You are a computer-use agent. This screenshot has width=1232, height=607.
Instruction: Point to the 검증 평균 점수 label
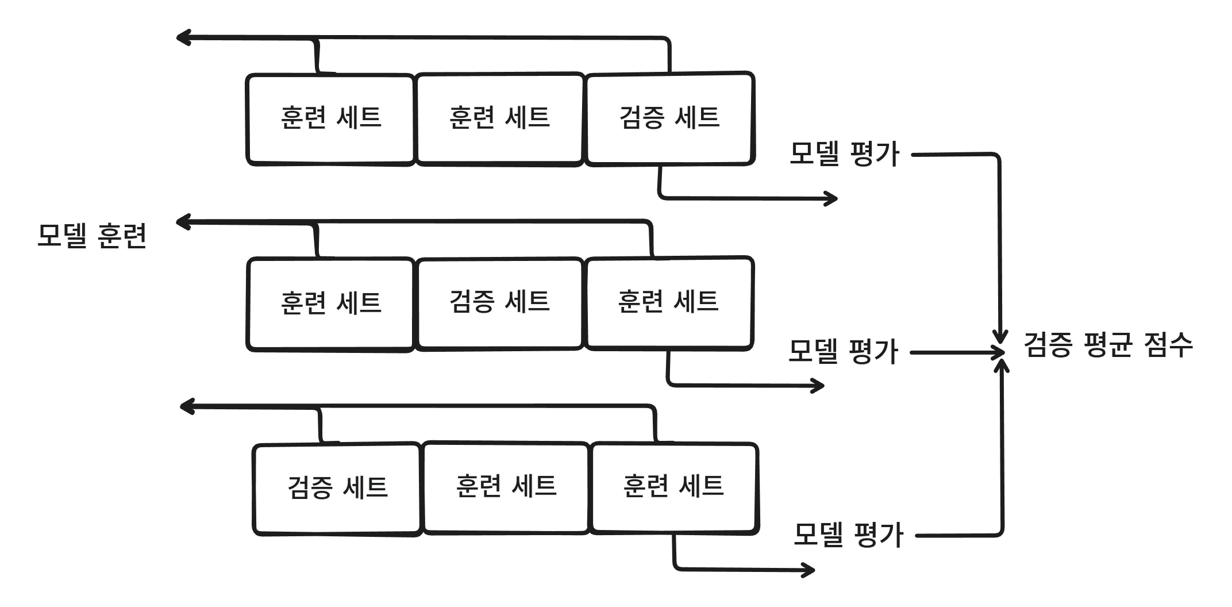(1108, 346)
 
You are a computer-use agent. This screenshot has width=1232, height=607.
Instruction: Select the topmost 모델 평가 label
(844, 155)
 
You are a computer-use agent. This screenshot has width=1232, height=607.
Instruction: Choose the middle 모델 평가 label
(843, 352)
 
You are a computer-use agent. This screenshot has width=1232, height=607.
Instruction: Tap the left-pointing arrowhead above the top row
(182, 39)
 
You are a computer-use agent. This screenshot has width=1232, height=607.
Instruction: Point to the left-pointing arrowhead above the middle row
(182, 222)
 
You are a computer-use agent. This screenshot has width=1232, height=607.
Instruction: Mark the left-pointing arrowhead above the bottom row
(186, 407)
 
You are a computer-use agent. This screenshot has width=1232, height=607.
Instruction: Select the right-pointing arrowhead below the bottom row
(809, 570)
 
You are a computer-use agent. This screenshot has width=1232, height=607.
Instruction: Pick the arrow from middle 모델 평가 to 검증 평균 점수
(957, 352)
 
